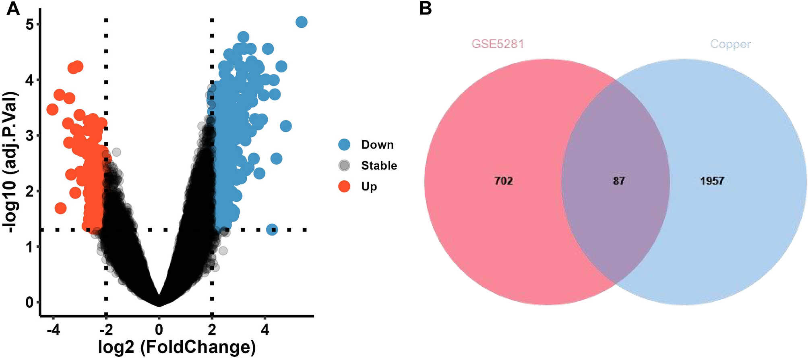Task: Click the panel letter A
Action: pos(13,8)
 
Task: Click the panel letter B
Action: pos(425,8)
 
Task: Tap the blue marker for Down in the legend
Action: pos(344,145)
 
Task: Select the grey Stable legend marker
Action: pos(344,166)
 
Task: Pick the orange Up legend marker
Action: pos(344,186)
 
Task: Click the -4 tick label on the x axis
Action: pos(53,330)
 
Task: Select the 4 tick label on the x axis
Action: pos(265,330)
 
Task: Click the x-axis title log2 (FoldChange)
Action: pos(177,347)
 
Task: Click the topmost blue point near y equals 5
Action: pos(302,22)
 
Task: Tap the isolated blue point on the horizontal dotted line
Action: pos(272,230)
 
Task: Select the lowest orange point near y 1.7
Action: pos(60,208)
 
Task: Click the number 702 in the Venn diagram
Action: pos(504,181)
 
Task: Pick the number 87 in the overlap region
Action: pos(619,181)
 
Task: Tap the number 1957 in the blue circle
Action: pos(712,181)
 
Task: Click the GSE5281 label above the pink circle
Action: pos(498,44)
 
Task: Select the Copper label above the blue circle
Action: pos(730,44)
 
